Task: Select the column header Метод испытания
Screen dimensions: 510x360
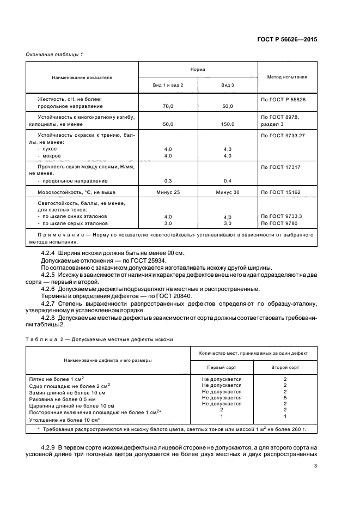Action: (287, 77)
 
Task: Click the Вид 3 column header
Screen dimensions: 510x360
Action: (227, 86)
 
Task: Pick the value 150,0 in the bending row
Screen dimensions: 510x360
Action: (227, 124)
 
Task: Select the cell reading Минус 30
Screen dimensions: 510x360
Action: (227, 192)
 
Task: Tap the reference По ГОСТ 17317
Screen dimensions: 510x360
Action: (282, 166)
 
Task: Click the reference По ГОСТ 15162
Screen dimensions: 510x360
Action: (282, 192)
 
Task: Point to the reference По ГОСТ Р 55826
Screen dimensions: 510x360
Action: (284, 99)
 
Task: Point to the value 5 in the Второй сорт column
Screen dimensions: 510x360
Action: (285, 397)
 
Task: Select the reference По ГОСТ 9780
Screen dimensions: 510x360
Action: (280, 223)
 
